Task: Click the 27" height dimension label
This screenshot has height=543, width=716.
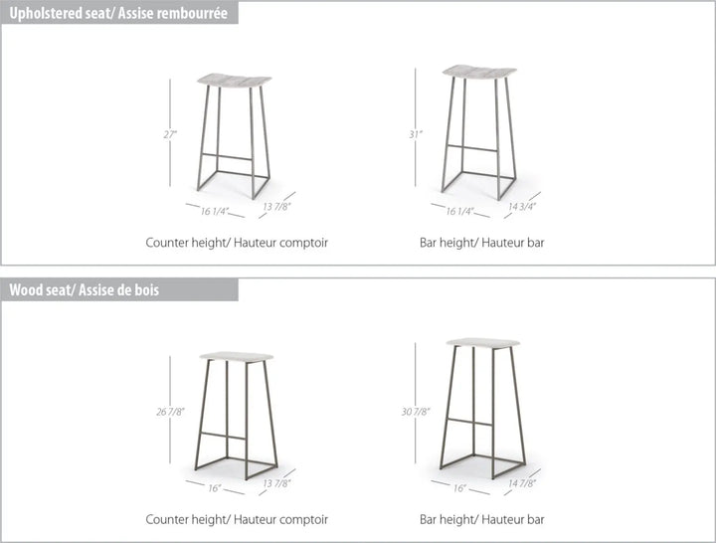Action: pos(170,134)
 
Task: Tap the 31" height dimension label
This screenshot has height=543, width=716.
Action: pos(416,134)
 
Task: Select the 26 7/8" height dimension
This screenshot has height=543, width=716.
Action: pos(170,412)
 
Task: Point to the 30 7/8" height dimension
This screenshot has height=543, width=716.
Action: pos(416,412)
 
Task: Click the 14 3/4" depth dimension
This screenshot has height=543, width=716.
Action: pos(522,207)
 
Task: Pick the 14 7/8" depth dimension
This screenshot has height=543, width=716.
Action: pos(522,483)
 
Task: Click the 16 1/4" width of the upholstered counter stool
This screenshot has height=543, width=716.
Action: pos(215,211)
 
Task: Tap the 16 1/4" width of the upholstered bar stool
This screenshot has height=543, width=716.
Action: pos(459,211)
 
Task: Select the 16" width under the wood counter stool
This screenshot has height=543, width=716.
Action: pos(215,488)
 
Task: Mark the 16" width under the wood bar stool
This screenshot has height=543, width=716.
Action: pos(459,488)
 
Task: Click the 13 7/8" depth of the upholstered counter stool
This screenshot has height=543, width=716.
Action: pos(276,207)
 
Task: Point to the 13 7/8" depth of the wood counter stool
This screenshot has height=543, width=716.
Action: pos(276,483)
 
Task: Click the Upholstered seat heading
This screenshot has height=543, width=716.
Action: pos(118,13)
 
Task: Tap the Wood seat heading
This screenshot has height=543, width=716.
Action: pos(84,289)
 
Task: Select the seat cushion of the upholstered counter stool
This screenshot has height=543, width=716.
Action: pos(235,81)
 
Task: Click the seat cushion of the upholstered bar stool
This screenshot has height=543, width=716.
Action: pos(479,72)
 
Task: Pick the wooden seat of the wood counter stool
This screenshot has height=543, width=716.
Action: pos(237,357)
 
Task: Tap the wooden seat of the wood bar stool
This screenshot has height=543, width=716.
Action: pos(483,343)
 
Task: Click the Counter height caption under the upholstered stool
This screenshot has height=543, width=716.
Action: pos(237,243)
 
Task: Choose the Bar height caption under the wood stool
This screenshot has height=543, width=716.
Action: pos(481,519)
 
